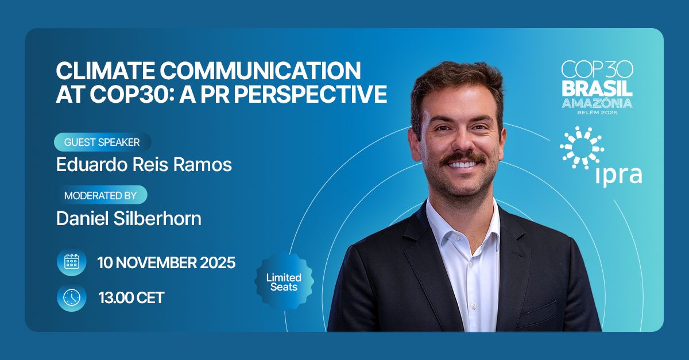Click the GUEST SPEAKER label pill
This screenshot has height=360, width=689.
pos(102,142)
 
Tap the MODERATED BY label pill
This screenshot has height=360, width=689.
pos(100,195)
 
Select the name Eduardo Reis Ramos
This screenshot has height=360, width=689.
pos(144,165)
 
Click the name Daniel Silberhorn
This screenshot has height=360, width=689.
pos(129,218)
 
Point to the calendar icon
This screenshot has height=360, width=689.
pos(72,263)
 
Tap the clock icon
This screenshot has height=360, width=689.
pos(72,297)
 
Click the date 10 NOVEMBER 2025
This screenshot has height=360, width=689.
pos(167,263)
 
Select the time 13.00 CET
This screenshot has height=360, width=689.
pos(131,297)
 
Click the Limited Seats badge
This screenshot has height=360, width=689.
pos(284,281)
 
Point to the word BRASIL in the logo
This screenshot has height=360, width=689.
pos(597,88)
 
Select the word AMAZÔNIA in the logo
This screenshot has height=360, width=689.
pos(597,103)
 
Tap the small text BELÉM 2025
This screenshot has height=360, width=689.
pos(597,113)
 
